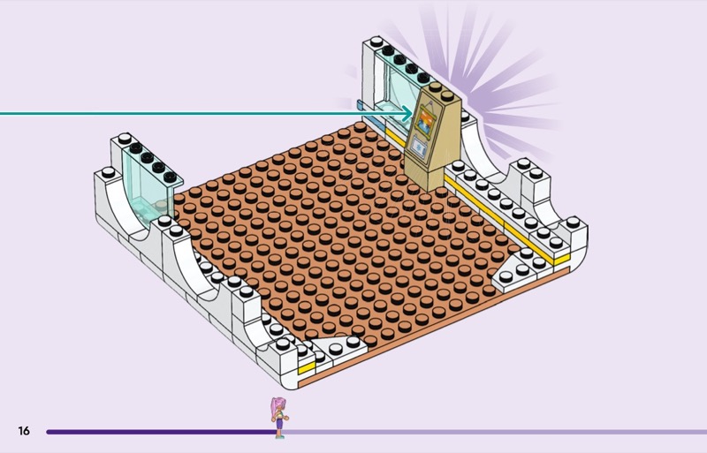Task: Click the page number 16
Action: click(24, 431)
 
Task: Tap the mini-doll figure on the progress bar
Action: click(279, 418)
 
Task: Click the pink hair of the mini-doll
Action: click(276, 408)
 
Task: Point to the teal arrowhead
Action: click(407, 114)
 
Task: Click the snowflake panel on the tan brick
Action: click(419, 147)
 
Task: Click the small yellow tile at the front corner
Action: click(306, 368)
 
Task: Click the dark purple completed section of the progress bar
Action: click(162, 432)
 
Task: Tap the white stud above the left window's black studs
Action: click(124, 139)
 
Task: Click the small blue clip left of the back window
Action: click(360, 105)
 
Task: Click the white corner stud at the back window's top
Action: click(376, 42)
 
